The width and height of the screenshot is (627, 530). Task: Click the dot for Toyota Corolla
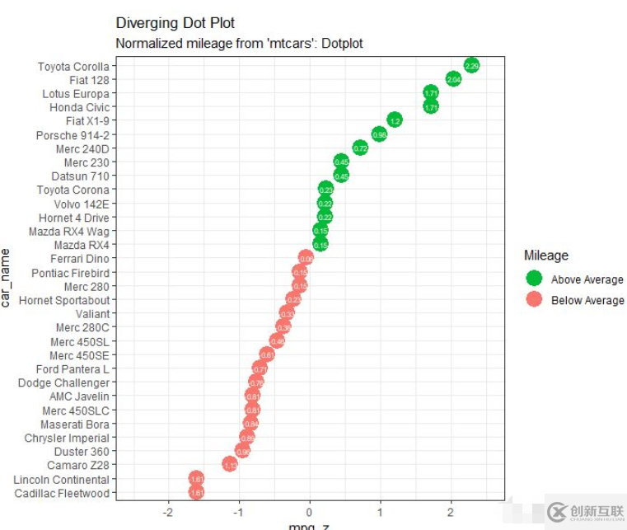click(471, 65)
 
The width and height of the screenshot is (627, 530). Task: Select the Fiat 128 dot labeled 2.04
click(453, 79)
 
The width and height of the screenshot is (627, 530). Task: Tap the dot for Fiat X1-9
click(395, 120)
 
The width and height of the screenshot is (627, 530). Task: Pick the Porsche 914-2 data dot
click(379, 134)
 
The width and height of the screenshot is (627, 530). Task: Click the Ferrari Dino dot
click(306, 259)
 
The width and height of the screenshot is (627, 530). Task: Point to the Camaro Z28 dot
click(230, 465)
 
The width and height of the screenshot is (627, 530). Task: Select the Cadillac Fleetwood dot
click(196, 493)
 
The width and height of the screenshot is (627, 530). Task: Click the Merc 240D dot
click(360, 148)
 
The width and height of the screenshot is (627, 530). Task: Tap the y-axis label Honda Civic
click(79, 107)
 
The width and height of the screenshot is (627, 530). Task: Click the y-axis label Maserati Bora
click(75, 424)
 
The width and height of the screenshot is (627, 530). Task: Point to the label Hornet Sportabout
click(64, 300)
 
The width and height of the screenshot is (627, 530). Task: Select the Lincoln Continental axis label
click(61, 480)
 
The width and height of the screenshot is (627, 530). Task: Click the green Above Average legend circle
click(534, 279)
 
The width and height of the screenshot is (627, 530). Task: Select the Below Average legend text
click(587, 300)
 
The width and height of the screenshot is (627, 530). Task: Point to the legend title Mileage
click(546, 256)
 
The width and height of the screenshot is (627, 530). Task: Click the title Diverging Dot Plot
click(175, 23)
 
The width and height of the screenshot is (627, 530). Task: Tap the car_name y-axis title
click(7, 276)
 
